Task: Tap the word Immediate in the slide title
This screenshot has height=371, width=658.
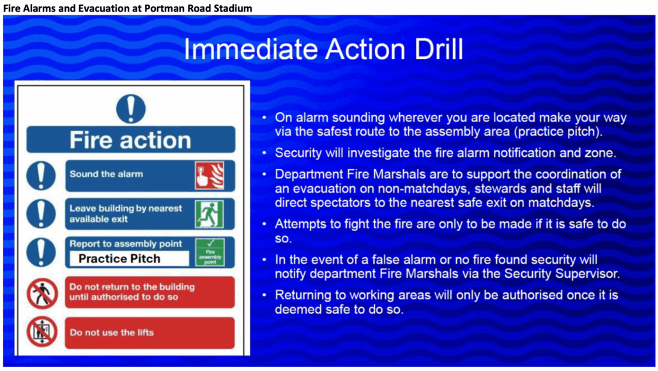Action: pos(251,49)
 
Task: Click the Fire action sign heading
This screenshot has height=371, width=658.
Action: pos(130,140)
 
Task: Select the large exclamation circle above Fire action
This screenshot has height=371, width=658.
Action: pos(131,109)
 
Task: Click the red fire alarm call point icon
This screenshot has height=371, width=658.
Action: pos(210,176)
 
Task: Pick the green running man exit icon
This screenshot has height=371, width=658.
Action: pos(210,214)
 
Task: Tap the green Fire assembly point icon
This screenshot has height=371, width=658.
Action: pos(210,252)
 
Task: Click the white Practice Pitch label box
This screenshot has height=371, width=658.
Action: pos(129,258)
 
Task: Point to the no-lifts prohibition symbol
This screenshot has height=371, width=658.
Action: pos(42,333)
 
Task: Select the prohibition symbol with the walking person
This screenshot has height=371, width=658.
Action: pos(42,293)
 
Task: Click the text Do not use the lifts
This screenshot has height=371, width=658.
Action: pos(112,333)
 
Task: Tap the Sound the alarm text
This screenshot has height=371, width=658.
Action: pos(106,174)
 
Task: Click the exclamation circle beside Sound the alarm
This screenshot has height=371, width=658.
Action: pos(41,176)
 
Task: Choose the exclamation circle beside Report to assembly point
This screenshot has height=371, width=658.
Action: pos(41,252)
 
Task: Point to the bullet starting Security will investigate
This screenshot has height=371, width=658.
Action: pos(446,153)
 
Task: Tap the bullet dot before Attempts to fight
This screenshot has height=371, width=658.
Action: pos(264,224)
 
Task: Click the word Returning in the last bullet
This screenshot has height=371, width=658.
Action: pos(302,296)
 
